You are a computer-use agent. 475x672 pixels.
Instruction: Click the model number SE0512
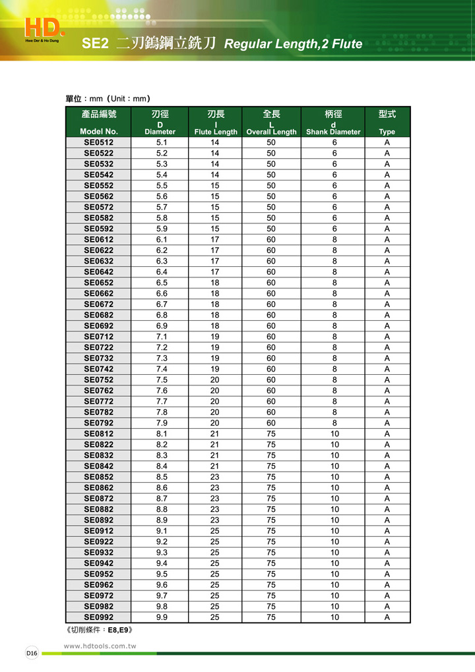pos(99,142)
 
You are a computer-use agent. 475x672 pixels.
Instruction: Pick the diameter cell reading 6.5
pos(162,283)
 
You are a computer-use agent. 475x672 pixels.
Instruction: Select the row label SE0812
pos(99,434)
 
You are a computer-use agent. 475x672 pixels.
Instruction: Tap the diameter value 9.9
pos(162,617)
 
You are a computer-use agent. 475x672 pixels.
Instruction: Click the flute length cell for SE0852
pos(215,477)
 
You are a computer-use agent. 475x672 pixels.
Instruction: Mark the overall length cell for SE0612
pos(271,240)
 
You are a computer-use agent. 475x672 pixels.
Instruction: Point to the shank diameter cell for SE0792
pos(334,423)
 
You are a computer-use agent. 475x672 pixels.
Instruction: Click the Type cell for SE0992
pos(387,617)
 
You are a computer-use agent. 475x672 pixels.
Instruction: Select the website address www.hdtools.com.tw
pos(100,646)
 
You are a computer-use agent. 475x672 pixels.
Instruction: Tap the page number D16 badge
pos(32,652)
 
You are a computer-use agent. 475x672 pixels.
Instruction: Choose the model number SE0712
pos(99,337)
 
